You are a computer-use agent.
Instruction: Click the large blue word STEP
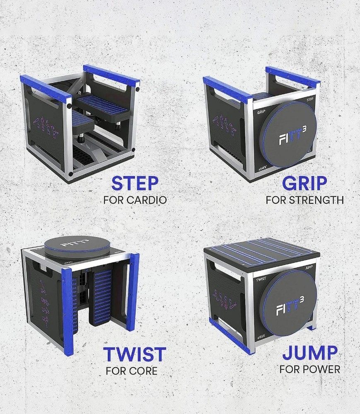coord(135,184)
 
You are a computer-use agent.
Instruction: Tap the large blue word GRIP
coord(304,184)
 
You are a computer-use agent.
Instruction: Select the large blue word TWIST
coord(135,355)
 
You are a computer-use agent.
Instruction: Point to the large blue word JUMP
coord(310,353)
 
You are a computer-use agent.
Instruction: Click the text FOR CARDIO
coord(135,200)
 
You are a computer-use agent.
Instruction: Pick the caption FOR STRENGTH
coord(304,200)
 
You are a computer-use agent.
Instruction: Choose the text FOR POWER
coord(310,369)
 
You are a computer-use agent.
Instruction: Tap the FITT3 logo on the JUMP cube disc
coord(289,304)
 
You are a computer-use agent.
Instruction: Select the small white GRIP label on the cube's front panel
coord(261,111)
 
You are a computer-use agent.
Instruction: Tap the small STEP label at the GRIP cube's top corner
coord(309,100)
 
